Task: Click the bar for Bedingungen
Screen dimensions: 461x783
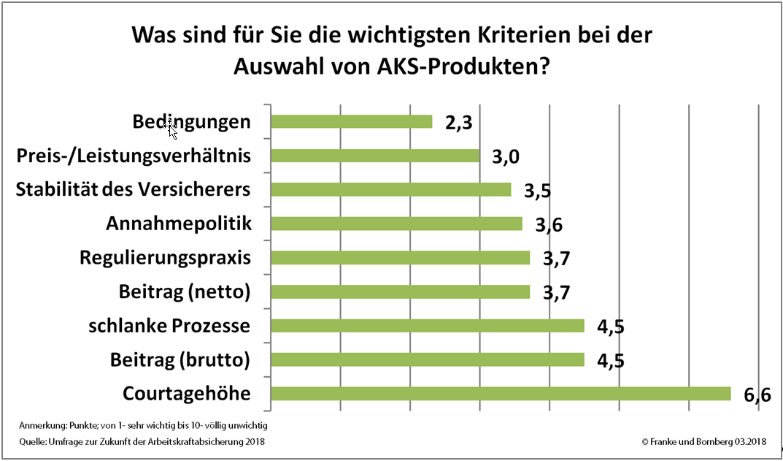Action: (351, 121)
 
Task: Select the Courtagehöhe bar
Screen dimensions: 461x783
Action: (501, 394)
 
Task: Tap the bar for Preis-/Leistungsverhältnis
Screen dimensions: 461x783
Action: (375, 156)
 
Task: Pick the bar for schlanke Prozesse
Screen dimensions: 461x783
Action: (428, 326)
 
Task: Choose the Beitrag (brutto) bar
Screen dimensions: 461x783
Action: (428, 359)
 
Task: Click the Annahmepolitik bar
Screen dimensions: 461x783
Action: (396, 224)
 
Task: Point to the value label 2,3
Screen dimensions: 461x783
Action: (458, 123)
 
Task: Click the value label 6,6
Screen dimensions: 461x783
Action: (757, 395)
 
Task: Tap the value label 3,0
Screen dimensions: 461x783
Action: (506, 157)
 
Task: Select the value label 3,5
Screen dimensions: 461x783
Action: (537, 191)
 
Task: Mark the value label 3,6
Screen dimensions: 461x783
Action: (548, 225)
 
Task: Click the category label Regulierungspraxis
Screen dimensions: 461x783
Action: (165, 258)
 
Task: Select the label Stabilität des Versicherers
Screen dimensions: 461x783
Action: (133, 190)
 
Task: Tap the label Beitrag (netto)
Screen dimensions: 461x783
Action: (185, 292)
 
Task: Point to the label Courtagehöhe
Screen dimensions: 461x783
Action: (187, 394)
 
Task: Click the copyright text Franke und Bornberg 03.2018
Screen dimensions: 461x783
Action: (703, 442)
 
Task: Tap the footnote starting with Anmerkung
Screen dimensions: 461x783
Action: (144, 425)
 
